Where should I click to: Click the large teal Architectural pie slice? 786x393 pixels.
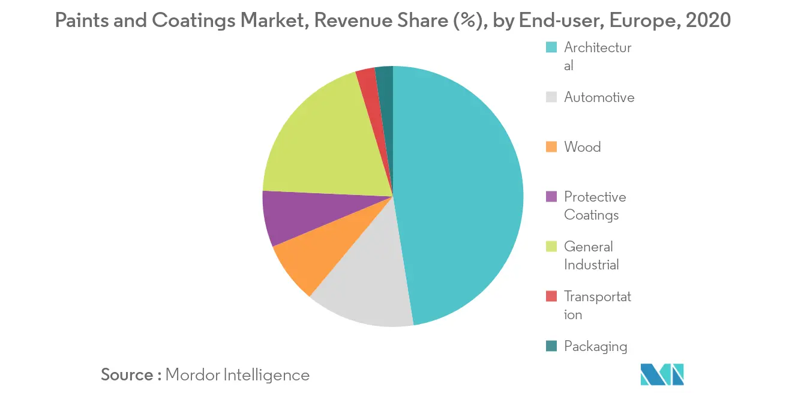462,192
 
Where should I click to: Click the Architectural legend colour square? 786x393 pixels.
551,48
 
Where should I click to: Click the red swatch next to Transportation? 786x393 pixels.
551,296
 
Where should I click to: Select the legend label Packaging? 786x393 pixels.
595,346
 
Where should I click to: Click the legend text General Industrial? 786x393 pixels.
591,256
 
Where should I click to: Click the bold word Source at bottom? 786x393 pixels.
127,375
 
